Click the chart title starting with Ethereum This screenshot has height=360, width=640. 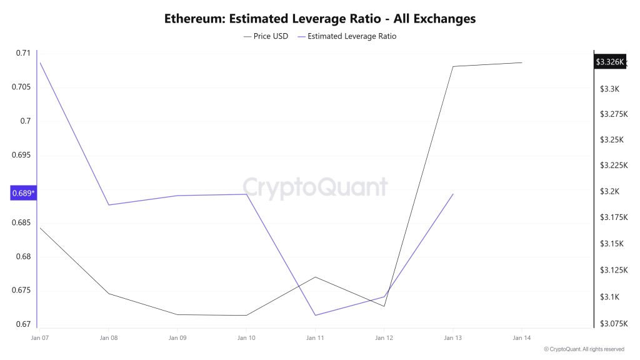point(320,18)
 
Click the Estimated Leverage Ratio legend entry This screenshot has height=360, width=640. point(347,36)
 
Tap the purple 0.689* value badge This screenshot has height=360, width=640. point(23,193)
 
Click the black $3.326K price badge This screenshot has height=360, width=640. point(609,62)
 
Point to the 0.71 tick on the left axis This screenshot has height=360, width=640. point(22,53)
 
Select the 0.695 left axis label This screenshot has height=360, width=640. point(21,155)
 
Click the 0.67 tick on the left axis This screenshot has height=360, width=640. point(22,324)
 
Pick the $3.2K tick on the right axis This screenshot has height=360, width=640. point(610,191)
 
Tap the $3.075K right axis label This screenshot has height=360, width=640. point(614,323)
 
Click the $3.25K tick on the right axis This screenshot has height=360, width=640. point(612,139)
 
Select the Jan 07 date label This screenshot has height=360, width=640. point(40,338)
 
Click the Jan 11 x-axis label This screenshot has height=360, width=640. point(315,338)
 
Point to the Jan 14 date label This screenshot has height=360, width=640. point(521,338)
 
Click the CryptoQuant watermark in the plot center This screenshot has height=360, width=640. point(315,187)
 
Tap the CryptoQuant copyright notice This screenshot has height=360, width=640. point(584,349)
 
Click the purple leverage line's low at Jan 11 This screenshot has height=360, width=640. point(315,315)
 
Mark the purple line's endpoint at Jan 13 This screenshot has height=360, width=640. point(453,194)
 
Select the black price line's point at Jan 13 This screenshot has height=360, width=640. point(452,66)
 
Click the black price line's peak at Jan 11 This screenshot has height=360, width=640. point(315,277)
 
